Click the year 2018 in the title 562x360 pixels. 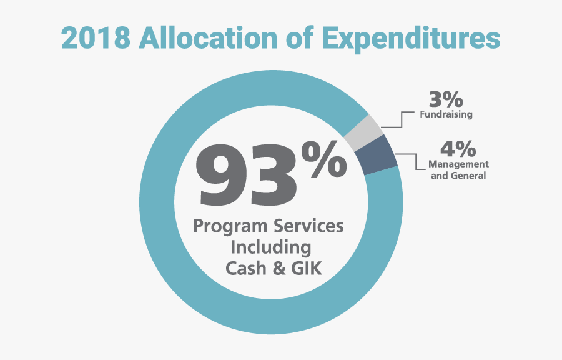(x=96, y=37)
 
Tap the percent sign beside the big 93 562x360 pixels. (x=325, y=157)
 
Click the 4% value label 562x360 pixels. (x=458, y=150)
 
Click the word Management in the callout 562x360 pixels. (x=458, y=164)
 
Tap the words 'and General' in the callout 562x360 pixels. (x=458, y=176)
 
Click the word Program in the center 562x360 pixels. (x=228, y=226)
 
